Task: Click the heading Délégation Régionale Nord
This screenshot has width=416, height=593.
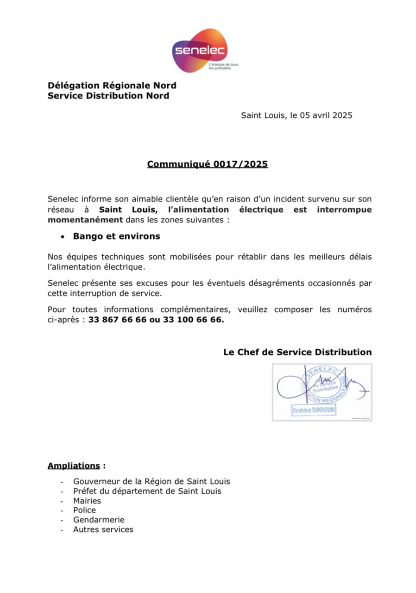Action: pos(112,86)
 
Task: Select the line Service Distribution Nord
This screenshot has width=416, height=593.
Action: pos(108,96)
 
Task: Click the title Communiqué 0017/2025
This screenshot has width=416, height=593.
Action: pos(208,164)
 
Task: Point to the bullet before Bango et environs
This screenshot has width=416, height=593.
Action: pos(63,237)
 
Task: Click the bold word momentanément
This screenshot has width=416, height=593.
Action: pos(85,220)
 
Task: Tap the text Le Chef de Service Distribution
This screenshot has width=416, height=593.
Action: pos(297,352)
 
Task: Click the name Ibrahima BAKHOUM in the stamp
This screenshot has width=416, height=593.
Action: pos(314,410)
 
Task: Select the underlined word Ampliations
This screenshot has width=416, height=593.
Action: pos(74,466)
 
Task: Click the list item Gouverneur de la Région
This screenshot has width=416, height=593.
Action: pos(151,482)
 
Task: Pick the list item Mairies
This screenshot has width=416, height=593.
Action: pos(87,501)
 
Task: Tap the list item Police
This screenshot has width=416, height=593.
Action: pos(84,510)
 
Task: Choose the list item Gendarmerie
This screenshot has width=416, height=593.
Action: pos(99,520)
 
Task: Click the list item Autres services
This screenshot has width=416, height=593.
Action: pos(103,530)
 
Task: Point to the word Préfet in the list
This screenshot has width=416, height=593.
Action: pos(85,491)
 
